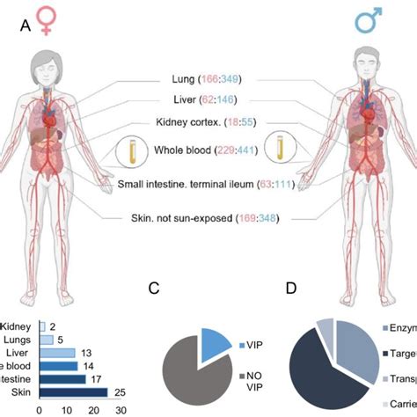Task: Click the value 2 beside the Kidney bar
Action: point(53,326)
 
